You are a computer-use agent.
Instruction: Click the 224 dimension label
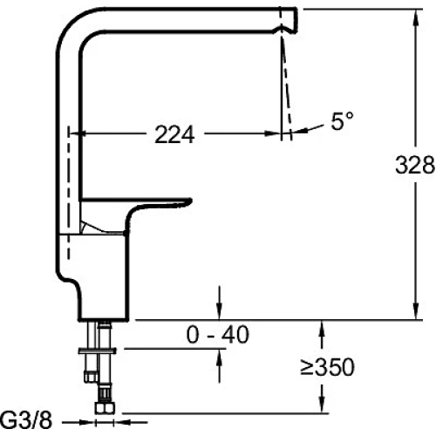174,134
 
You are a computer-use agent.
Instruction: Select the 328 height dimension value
415,165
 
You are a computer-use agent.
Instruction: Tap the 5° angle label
342,120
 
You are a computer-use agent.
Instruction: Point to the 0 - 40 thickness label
218,335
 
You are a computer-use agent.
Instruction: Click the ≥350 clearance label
327,367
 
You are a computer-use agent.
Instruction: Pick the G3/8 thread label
26,420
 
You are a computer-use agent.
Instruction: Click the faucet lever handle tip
189,201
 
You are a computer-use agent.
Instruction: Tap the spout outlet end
296,20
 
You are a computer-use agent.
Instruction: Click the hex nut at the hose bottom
105,408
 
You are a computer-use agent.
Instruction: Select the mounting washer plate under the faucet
98,351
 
